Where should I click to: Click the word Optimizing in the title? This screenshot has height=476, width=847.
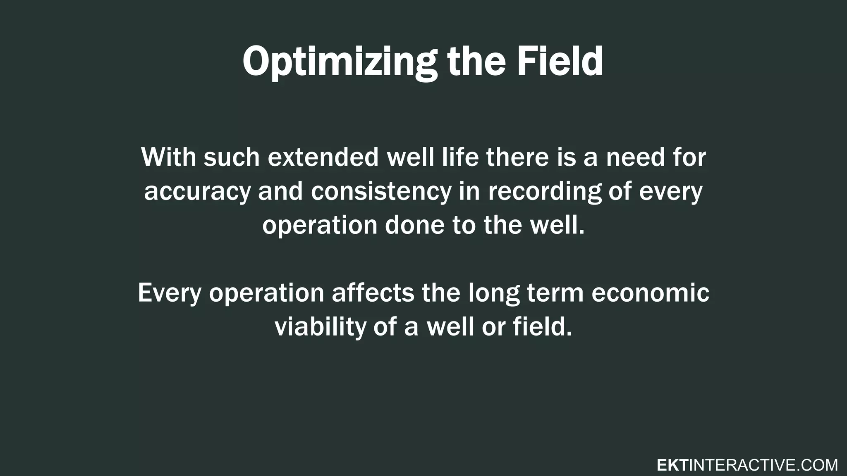339,62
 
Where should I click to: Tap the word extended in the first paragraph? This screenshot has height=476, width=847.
323,157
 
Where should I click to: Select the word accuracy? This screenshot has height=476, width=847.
197,192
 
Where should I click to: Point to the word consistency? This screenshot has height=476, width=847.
381,192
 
